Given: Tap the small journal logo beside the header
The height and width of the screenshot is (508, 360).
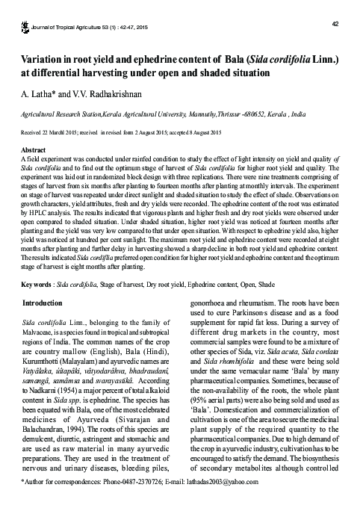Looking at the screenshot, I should (x=25, y=8).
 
